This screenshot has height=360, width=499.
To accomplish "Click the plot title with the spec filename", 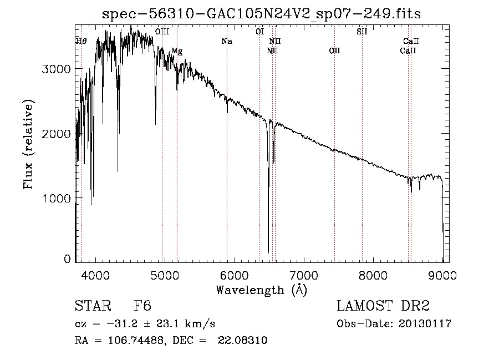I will tap(262, 14).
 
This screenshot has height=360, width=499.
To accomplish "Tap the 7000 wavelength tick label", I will tap(304, 275).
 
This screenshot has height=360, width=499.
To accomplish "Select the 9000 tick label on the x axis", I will tap(442, 275).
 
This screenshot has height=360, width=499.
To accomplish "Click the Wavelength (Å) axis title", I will tap(261, 290).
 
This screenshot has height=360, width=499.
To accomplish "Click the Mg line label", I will tap(177, 51).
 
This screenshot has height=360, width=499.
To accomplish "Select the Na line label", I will tap(226, 41).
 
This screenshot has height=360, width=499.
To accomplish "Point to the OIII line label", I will tap(162, 32).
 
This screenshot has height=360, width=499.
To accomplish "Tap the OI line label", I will tap(259, 32).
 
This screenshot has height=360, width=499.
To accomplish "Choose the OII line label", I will tap(334, 51).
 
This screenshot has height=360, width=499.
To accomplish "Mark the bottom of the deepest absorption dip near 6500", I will tap(268, 251).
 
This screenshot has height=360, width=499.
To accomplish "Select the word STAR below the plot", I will tap(91, 307).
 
